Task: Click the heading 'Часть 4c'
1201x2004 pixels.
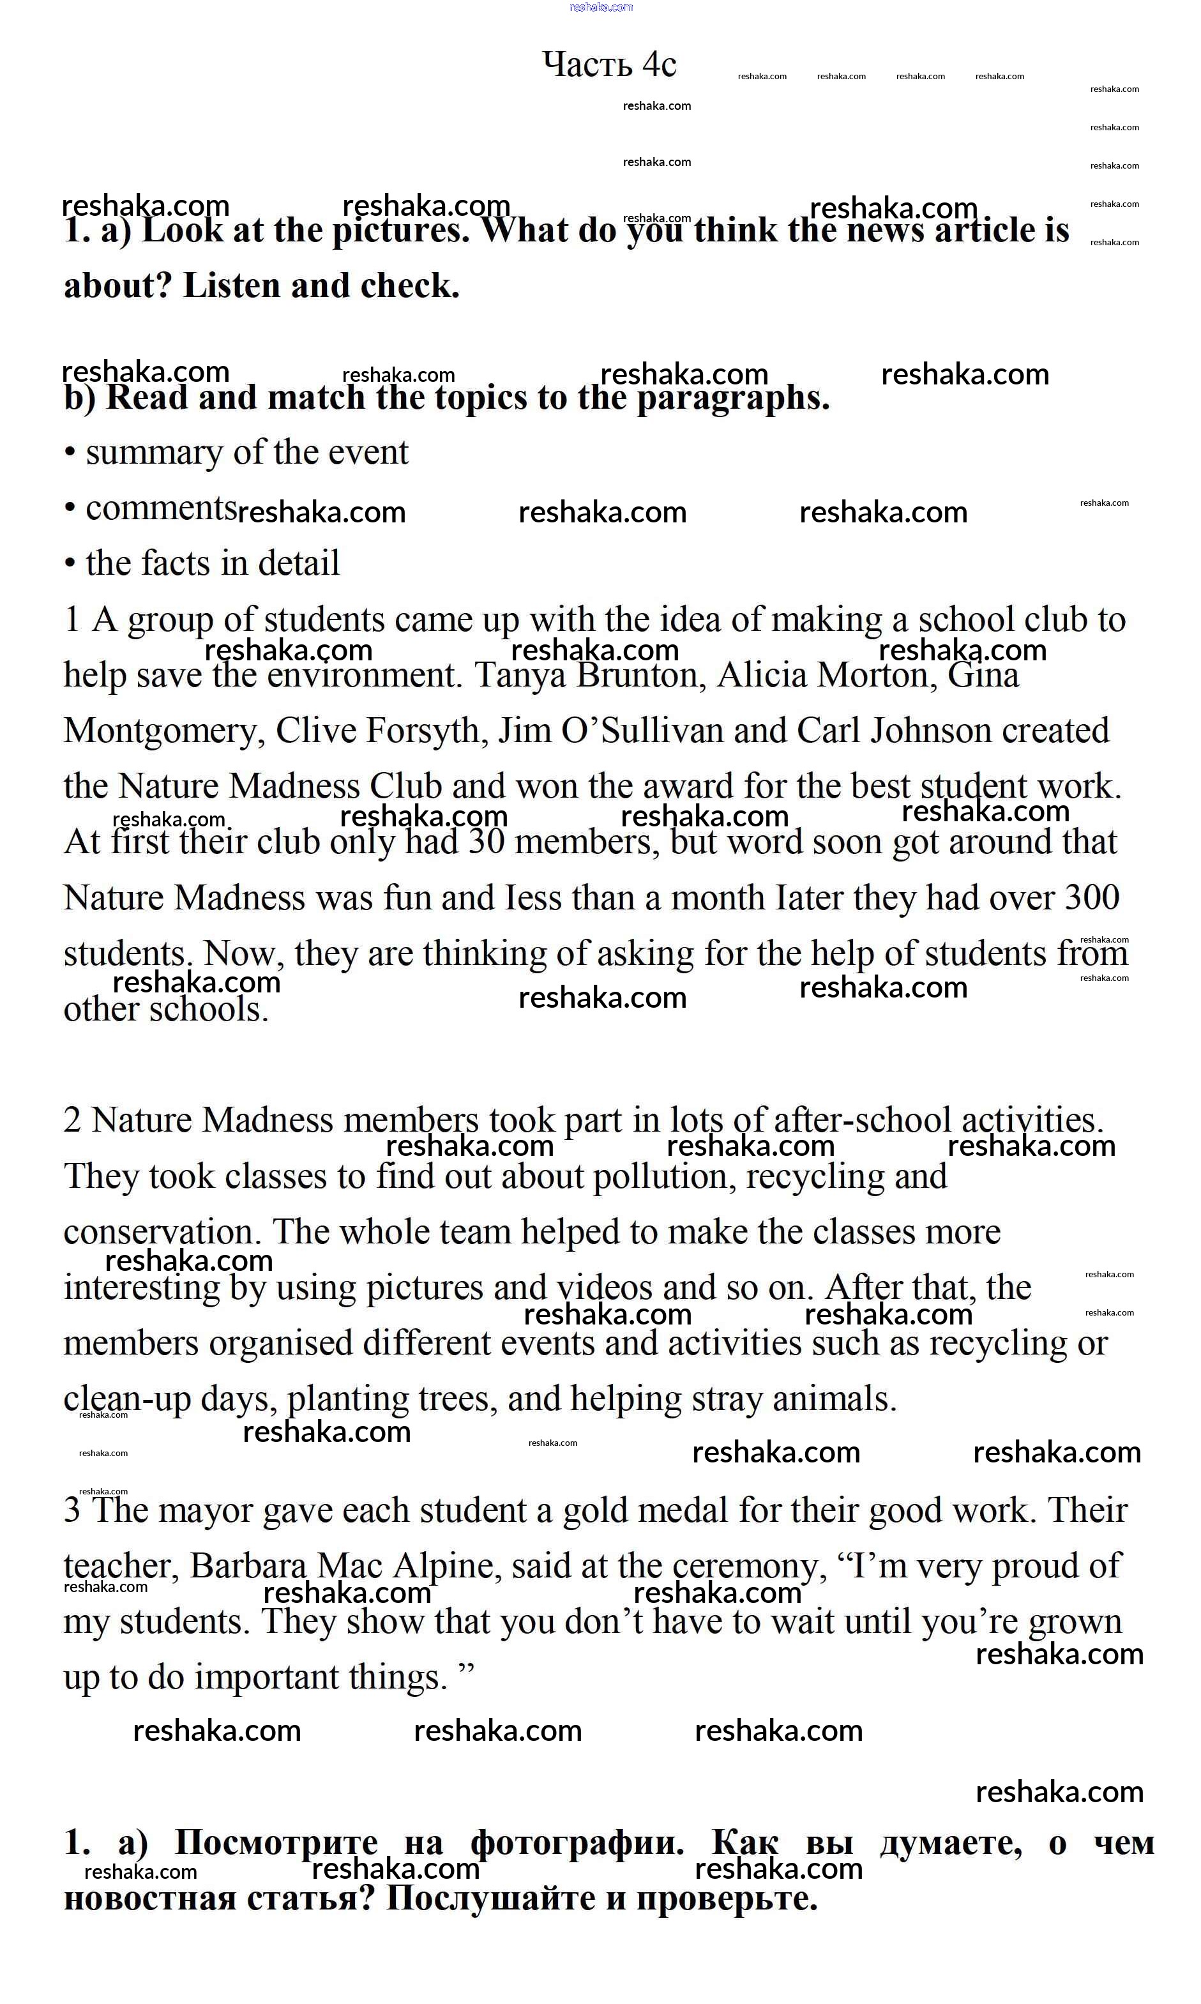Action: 608,65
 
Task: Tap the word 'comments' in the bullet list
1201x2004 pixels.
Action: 161,509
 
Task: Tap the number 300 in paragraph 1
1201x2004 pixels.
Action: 1092,898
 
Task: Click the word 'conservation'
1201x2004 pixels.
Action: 162,1233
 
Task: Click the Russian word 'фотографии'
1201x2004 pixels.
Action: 576,1843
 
